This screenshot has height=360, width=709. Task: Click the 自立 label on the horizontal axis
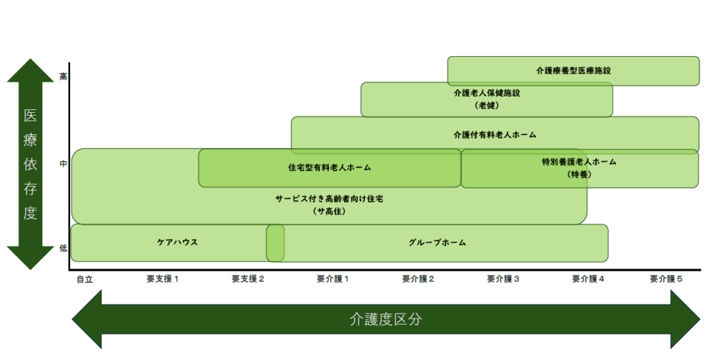pos(84,280)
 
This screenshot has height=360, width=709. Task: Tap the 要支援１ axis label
pos(162,279)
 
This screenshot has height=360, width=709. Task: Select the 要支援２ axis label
pos(248,279)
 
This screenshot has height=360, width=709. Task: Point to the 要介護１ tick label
pos(333,279)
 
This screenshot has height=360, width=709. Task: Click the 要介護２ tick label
pos(418,279)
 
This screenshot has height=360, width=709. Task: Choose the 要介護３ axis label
pos(503,279)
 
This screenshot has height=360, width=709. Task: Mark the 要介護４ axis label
pos(588,279)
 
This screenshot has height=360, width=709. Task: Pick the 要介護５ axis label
pos(666,279)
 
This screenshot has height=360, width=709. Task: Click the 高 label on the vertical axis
pos(63,77)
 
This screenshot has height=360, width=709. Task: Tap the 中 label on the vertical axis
pos(63,163)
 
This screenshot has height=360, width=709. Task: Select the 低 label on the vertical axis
pos(63,249)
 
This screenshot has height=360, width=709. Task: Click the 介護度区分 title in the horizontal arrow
pos(386,319)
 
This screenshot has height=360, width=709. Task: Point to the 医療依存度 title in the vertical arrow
pos(30,164)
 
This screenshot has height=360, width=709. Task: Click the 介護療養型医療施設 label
pos(573,71)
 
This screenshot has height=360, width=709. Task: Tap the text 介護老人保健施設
pos(487,93)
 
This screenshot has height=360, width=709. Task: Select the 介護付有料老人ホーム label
pos(494,135)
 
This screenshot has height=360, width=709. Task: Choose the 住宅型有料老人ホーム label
pos(330,168)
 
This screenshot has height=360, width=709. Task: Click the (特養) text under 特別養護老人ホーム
pos(580,174)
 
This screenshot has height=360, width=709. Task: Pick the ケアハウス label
pos(177,242)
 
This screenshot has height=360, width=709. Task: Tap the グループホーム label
pos(437,243)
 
